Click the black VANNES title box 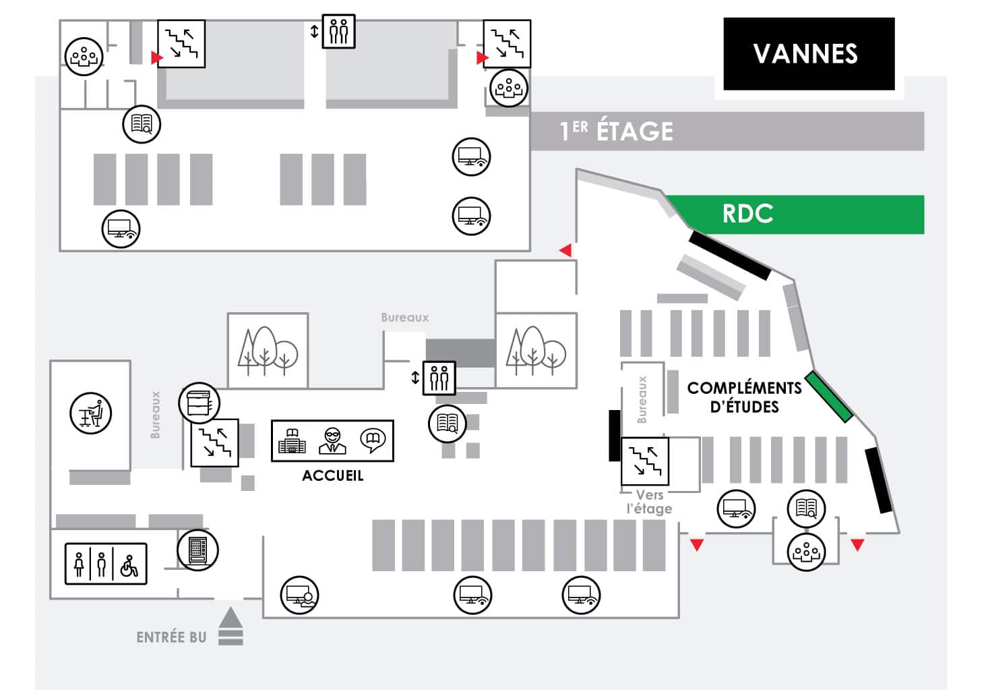[x=808, y=54]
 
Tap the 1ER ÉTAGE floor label [x=616, y=131]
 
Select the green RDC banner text [x=747, y=214]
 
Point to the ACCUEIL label [x=332, y=475]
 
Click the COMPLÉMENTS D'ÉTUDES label [x=744, y=397]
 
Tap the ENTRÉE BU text [x=171, y=637]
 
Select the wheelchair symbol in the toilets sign [x=129, y=564]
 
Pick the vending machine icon [x=198, y=550]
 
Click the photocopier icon [x=199, y=403]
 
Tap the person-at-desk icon [x=91, y=413]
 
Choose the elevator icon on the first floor [x=338, y=31]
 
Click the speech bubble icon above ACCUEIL [x=372, y=440]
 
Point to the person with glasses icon [x=332, y=440]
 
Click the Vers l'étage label [x=649, y=502]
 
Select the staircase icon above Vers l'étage [x=645, y=461]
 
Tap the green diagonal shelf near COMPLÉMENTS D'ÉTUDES [x=829, y=397]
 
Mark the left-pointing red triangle [x=565, y=250]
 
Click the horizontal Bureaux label [x=404, y=317]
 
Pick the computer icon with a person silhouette [x=299, y=595]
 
